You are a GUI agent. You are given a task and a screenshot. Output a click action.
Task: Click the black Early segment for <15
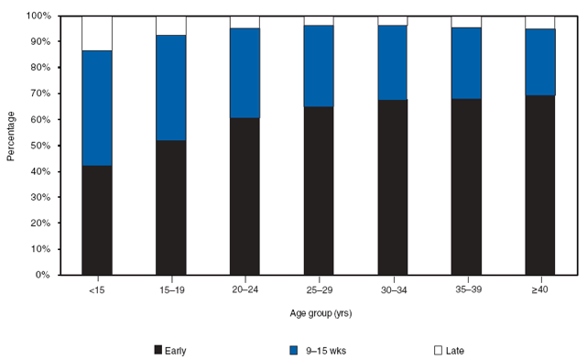pos(97,220)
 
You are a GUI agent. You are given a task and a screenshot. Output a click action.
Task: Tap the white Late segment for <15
pos(97,33)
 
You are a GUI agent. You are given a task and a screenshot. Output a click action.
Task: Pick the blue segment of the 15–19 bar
pos(171,88)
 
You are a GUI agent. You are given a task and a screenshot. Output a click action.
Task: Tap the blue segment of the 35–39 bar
pos(466,63)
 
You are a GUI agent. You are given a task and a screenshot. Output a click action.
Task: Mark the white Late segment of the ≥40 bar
pos(540,23)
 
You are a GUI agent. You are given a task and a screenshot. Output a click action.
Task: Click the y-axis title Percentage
pos(11,137)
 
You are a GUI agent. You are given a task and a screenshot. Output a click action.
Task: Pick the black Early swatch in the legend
pos(158,349)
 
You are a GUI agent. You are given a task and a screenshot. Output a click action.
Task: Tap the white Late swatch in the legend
pos(438,349)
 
